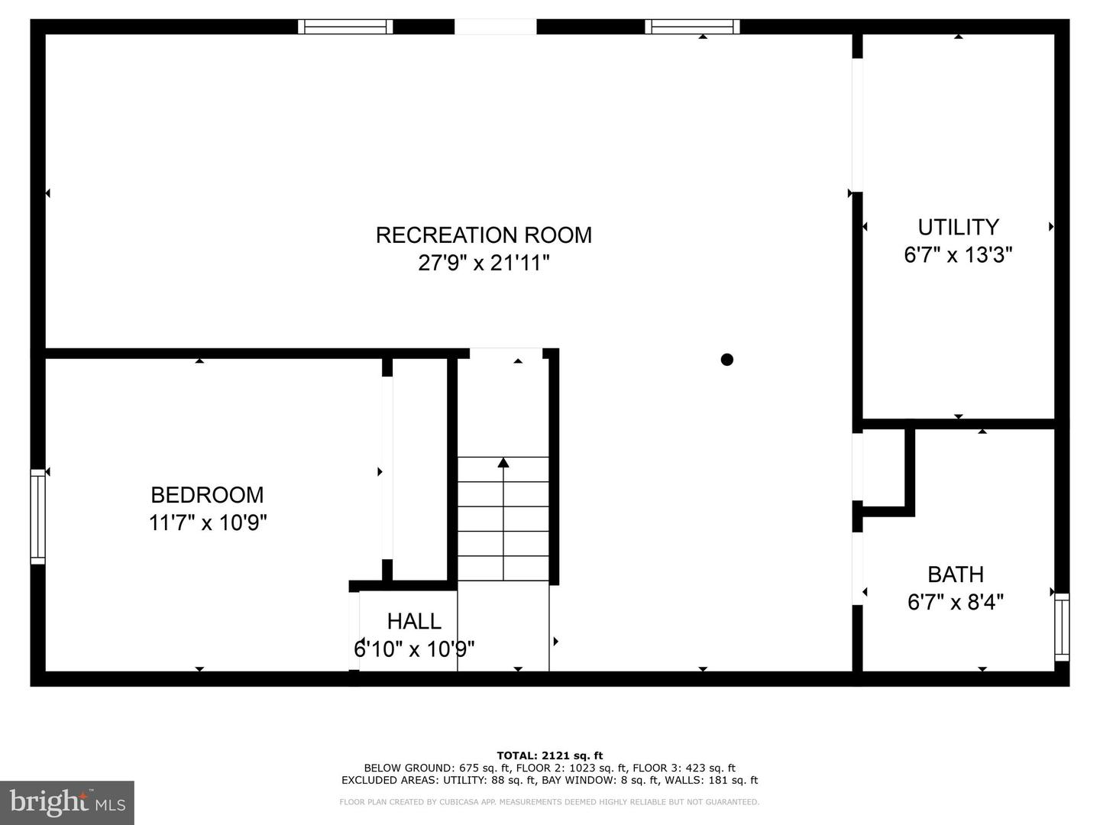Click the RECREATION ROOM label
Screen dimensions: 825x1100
(484, 235)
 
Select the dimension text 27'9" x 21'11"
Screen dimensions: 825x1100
(484, 264)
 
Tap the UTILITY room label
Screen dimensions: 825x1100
(958, 227)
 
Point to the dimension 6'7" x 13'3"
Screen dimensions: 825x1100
(958, 255)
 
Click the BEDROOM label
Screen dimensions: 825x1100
(207, 495)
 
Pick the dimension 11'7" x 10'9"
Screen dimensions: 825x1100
(207, 523)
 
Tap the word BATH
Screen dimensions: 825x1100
(955, 574)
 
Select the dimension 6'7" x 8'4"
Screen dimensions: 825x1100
(955, 603)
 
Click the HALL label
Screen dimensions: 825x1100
(414, 621)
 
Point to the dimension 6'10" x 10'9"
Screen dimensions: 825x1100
(414, 649)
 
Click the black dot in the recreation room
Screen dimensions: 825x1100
(727, 359)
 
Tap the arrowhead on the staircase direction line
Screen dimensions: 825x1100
(503, 462)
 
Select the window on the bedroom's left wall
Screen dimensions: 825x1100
(38, 517)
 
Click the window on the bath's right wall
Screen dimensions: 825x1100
(1062, 626)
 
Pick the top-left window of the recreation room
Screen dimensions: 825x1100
(345, 27)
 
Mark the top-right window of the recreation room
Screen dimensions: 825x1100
(692, 27)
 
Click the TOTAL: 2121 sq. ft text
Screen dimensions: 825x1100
(549, 755)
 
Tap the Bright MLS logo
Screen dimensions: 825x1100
(67, 802)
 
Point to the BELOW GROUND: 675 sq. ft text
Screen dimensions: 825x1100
(427, 768)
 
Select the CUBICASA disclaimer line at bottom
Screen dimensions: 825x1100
(549, 802)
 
